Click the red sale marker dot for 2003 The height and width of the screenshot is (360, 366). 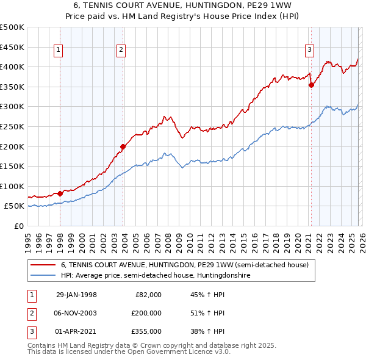click(123, 146)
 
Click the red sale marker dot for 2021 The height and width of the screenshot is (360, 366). click(311, 85)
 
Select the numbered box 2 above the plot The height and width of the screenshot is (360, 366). click(121, 50)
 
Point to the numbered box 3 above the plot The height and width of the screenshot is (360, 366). click(309, 50)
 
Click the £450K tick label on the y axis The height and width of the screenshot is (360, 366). click(12, 47)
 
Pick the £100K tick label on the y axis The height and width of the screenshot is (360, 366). click(12, 186)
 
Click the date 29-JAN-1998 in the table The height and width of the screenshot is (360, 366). click(76, 295)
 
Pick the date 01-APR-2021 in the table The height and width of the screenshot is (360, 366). click(76, 331)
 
